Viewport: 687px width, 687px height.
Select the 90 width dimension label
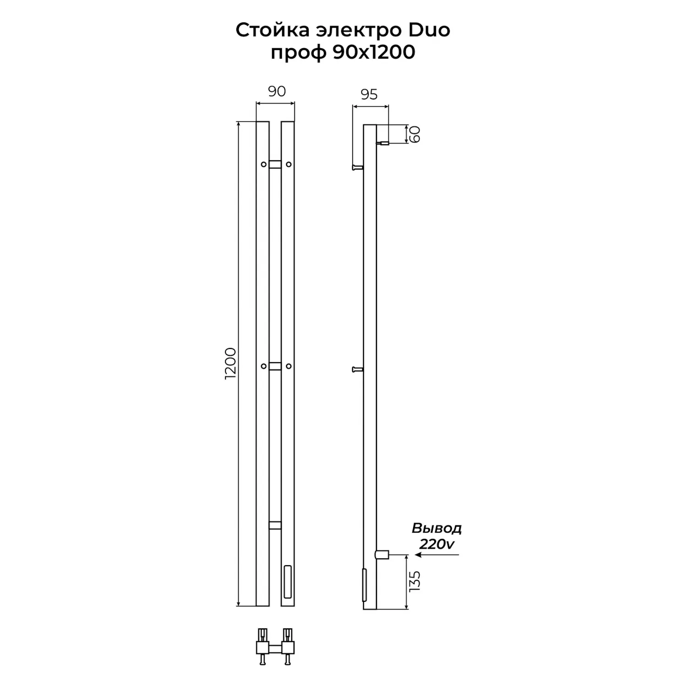coord(277,91)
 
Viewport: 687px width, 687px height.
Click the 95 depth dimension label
coord(369,94)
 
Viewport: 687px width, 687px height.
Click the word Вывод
coord(436,529)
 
